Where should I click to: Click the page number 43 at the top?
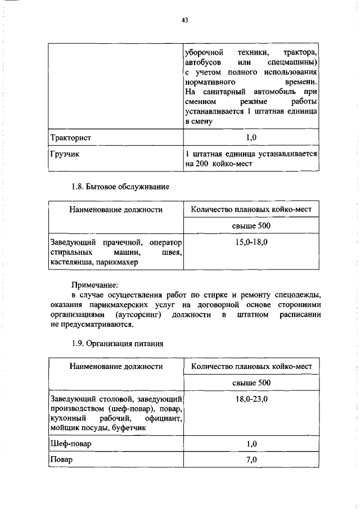coord(184,20)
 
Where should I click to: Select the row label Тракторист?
coord(71,137)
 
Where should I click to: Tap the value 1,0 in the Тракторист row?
coord(251,137)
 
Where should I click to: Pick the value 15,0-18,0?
coord(251,242)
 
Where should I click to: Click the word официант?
coord(165,418)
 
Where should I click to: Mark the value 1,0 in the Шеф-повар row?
coord(251,444)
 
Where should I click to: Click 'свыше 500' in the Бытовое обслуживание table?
coord(251,226)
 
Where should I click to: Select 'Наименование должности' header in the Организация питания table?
coord(116,366)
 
